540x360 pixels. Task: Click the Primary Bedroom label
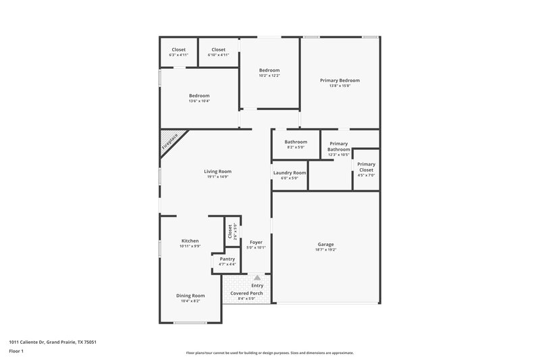[340, 80]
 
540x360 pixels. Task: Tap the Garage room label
[326, 244]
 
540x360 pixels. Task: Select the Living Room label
[217, 172]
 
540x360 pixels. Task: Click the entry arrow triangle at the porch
[256, 278]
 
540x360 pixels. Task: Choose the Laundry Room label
[289, 172]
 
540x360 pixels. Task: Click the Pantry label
[227, 259]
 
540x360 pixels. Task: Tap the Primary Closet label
[366, 164]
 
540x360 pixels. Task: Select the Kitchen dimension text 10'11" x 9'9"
[190, 247]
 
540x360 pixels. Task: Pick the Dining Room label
[190, 296]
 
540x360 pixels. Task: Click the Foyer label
[256, 242]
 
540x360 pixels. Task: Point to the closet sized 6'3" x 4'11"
[178, 50]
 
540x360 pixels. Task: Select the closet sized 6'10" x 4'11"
[218, 50]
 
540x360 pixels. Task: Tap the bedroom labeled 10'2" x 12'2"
[269, 70]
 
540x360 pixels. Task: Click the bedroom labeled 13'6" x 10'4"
[199, 96]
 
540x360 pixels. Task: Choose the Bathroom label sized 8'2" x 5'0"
[296, 142]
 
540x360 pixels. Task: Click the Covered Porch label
[246, 294]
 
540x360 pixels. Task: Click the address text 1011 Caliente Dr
[52, 342]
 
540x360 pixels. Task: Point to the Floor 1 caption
[16, 352]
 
